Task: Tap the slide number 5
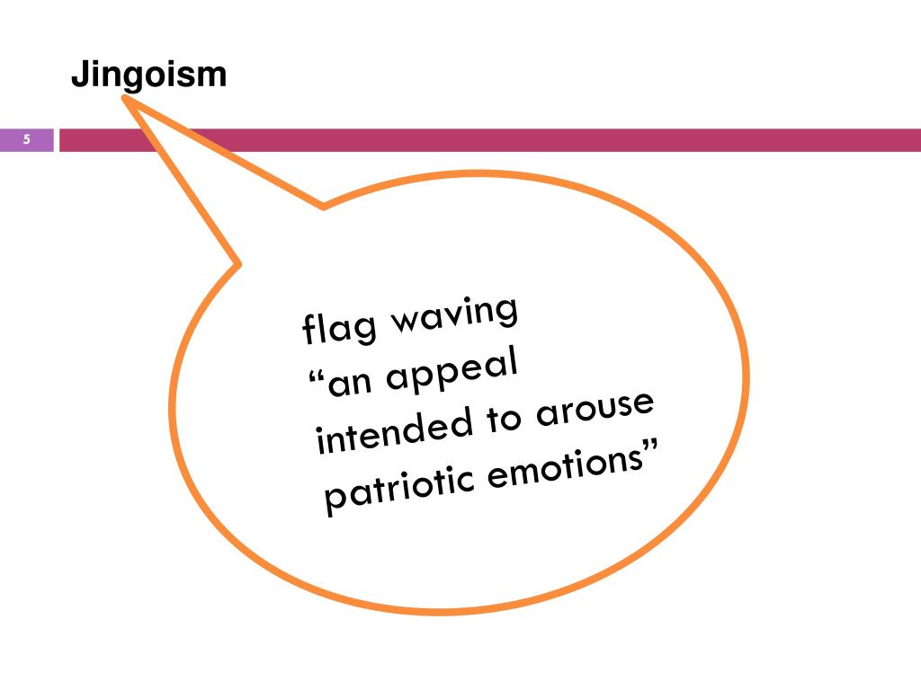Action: click(x=27, y=139)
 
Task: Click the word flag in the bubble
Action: click(x=329, y=329)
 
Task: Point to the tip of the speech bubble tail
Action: click(x=125, y=101)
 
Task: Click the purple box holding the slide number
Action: click(x=27, y=139)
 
